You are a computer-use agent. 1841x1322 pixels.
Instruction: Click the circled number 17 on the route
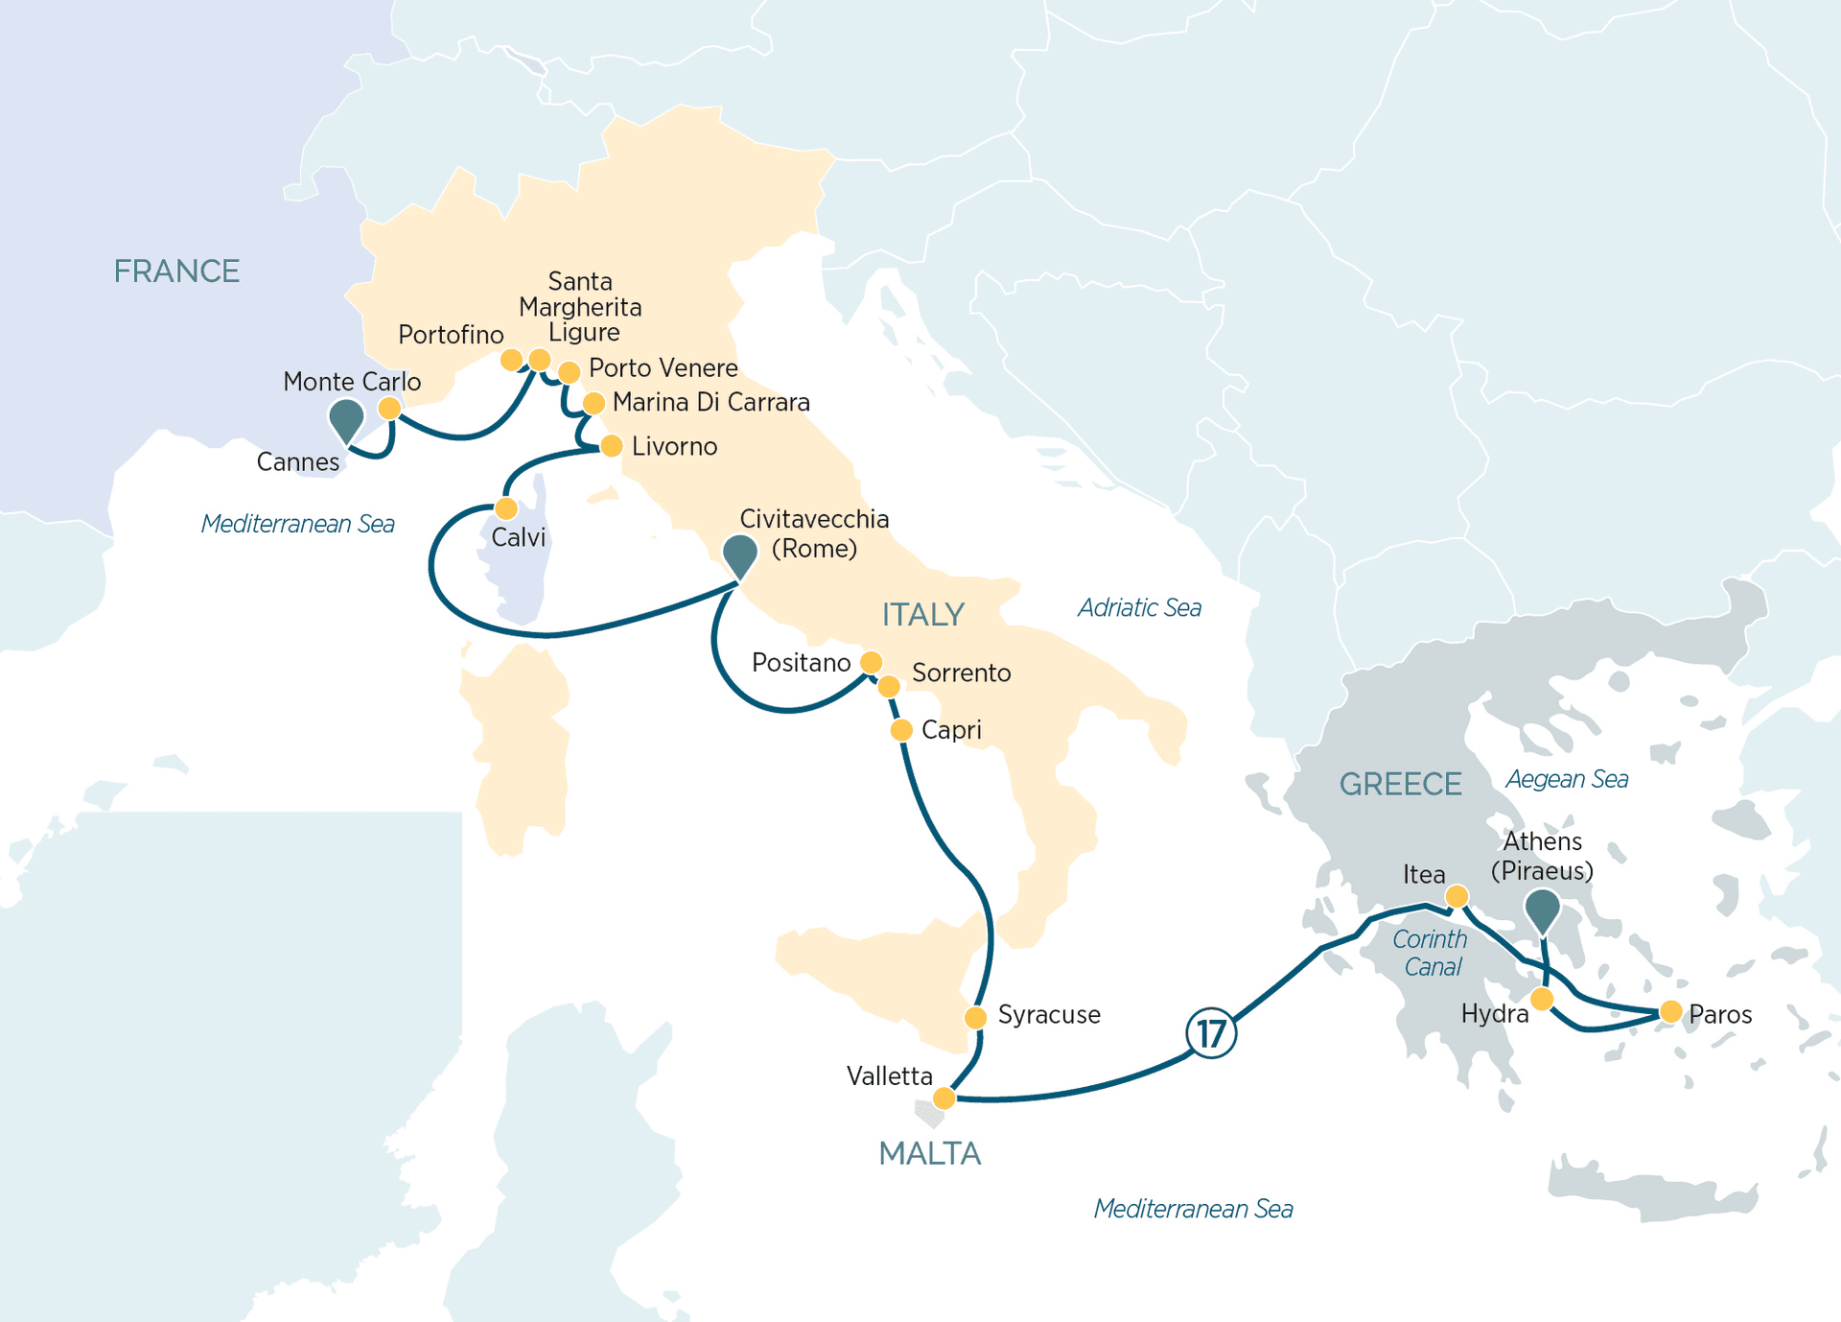click(x=1211, y=1033)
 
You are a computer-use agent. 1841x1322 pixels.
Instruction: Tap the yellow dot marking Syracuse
click(x=975, y=1017)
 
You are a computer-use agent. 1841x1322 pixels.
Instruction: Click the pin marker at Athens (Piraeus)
click(x=1542, y=908)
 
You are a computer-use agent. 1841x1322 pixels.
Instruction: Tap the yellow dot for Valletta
click(x=944, y=1098)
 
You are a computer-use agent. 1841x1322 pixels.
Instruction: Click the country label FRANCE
click(x=176, y=271)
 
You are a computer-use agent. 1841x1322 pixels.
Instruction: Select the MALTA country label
click(x=929, y=1153)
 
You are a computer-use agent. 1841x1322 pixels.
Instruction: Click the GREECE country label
click(x=1400, y=784)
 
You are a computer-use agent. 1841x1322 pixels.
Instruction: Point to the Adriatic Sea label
click(x=1139, y=607)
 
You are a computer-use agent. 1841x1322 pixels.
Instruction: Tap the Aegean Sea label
click(x=1567, y=779)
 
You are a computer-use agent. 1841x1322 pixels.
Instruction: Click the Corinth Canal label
click(x=1431, y=953)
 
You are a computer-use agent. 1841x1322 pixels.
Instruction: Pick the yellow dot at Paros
click(x=1670, y=1011)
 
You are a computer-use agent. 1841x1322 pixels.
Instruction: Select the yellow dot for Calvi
click(x=506, y=508)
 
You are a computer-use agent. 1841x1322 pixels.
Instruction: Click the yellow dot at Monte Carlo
click(x=389, y=409)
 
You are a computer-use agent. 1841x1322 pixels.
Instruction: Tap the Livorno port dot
click(x=611, y=446)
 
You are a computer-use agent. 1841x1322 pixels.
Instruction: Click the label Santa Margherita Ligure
click(x=580, y=307)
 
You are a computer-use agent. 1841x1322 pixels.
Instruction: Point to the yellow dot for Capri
click(x=901, y=730)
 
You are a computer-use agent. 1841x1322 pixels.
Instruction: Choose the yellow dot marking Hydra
click(x=1542, y=1000)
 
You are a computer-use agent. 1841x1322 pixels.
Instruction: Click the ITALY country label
click(x=922, y=614)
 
